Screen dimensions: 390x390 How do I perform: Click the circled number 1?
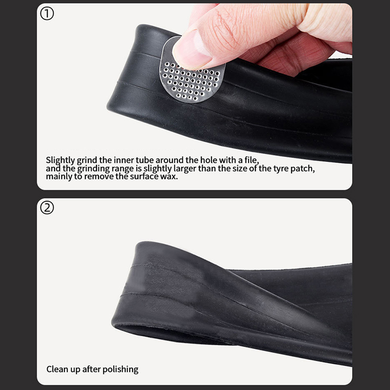[47, 14]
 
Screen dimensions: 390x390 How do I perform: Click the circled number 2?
[47, 208]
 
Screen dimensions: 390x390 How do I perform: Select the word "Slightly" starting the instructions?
[60, 160]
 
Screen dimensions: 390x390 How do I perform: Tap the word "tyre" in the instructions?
[281, 169]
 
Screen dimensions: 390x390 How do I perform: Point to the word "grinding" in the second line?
[93, 169]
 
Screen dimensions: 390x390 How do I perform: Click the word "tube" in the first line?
[144, 160]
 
